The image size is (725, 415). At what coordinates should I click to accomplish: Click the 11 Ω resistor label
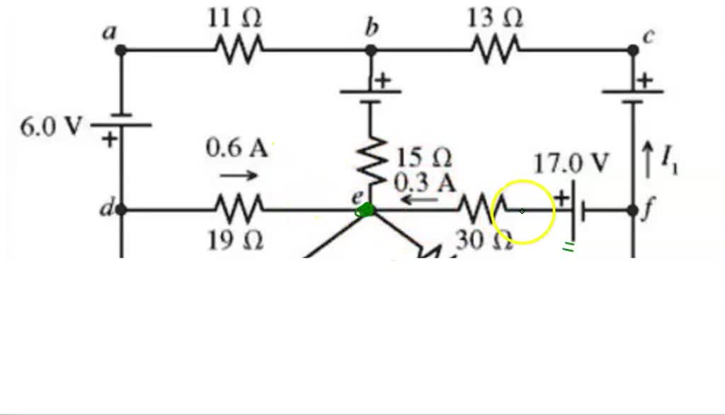click(x=234, y=18)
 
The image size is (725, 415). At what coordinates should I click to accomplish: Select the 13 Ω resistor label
click(x=495, y=18)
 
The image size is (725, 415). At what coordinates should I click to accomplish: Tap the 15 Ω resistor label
click(x=423, y=157)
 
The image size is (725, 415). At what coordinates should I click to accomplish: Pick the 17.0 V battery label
click(x=571, y=164)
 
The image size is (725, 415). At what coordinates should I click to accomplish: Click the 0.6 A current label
click(x=237, y=148)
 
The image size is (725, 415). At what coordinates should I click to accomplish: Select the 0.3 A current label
click(x=425, y=183)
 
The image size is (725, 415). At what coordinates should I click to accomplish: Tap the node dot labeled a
click(x=121, y=50)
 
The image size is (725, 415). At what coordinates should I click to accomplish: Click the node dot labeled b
click(x=371, y=50)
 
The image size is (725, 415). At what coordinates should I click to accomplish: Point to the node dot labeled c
click(x=633, y=50)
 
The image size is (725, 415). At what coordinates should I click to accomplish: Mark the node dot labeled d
click(x=121, y=210)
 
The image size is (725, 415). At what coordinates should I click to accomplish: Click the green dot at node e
click(x=367, y=210)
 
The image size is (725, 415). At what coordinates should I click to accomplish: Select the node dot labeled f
click(x=633, y=210)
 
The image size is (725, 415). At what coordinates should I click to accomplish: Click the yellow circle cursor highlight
click(x=523, y=211)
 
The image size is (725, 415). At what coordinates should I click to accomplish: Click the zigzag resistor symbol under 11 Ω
click(x=239, y=50)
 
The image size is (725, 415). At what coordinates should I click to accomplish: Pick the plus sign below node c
click(x=644, y=81)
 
